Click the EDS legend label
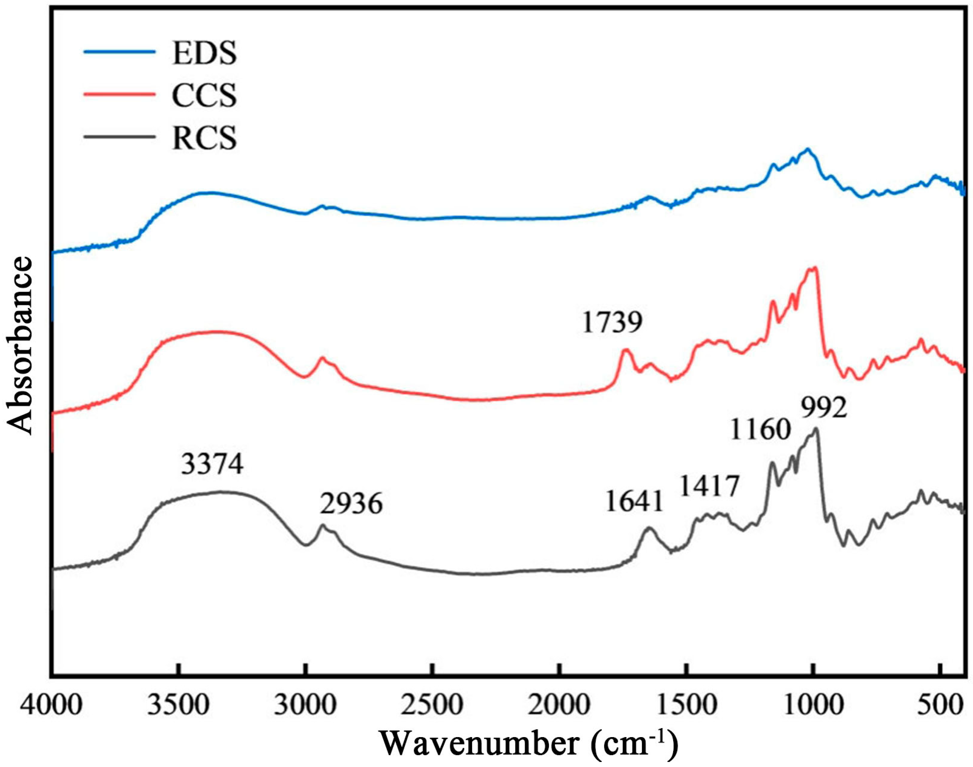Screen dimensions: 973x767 click(204, 53)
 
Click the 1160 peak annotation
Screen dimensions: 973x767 click(760, 430)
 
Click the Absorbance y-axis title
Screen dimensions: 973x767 click(20, 346)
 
